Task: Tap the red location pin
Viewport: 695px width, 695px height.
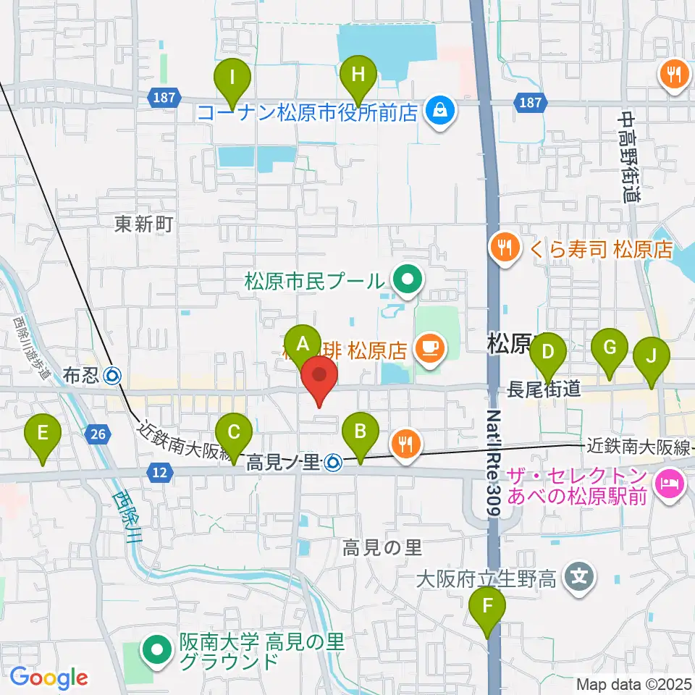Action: point(319,379)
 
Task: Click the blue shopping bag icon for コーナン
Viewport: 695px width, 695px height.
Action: point(439,111)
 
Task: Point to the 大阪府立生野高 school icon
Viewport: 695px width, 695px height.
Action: point(579,577)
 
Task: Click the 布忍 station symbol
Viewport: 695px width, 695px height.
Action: point(112,376)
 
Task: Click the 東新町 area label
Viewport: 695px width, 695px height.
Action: point(143,224)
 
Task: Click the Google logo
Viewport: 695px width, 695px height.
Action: point(49,678)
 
